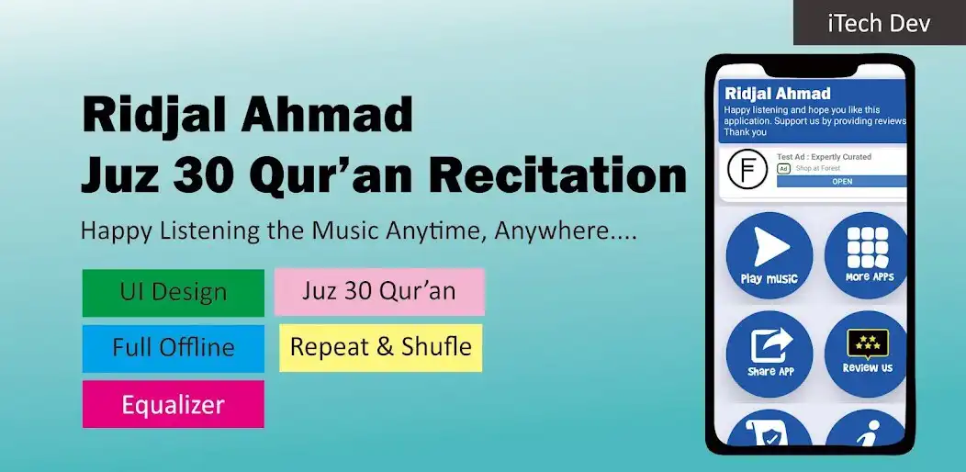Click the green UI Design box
pos(173,293)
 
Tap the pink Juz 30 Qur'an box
pos(379,292)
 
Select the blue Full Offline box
pos(173,348)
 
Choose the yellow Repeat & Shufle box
pos(380,347)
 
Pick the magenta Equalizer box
pos(173,404)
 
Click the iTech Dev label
pos(879,23)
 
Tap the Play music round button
pos(769,255)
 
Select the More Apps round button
pos(867,255)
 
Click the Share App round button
pos(769,353)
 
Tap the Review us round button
pos(867,353)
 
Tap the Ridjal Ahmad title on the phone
pos(777,93)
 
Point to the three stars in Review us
pos(867,342)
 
